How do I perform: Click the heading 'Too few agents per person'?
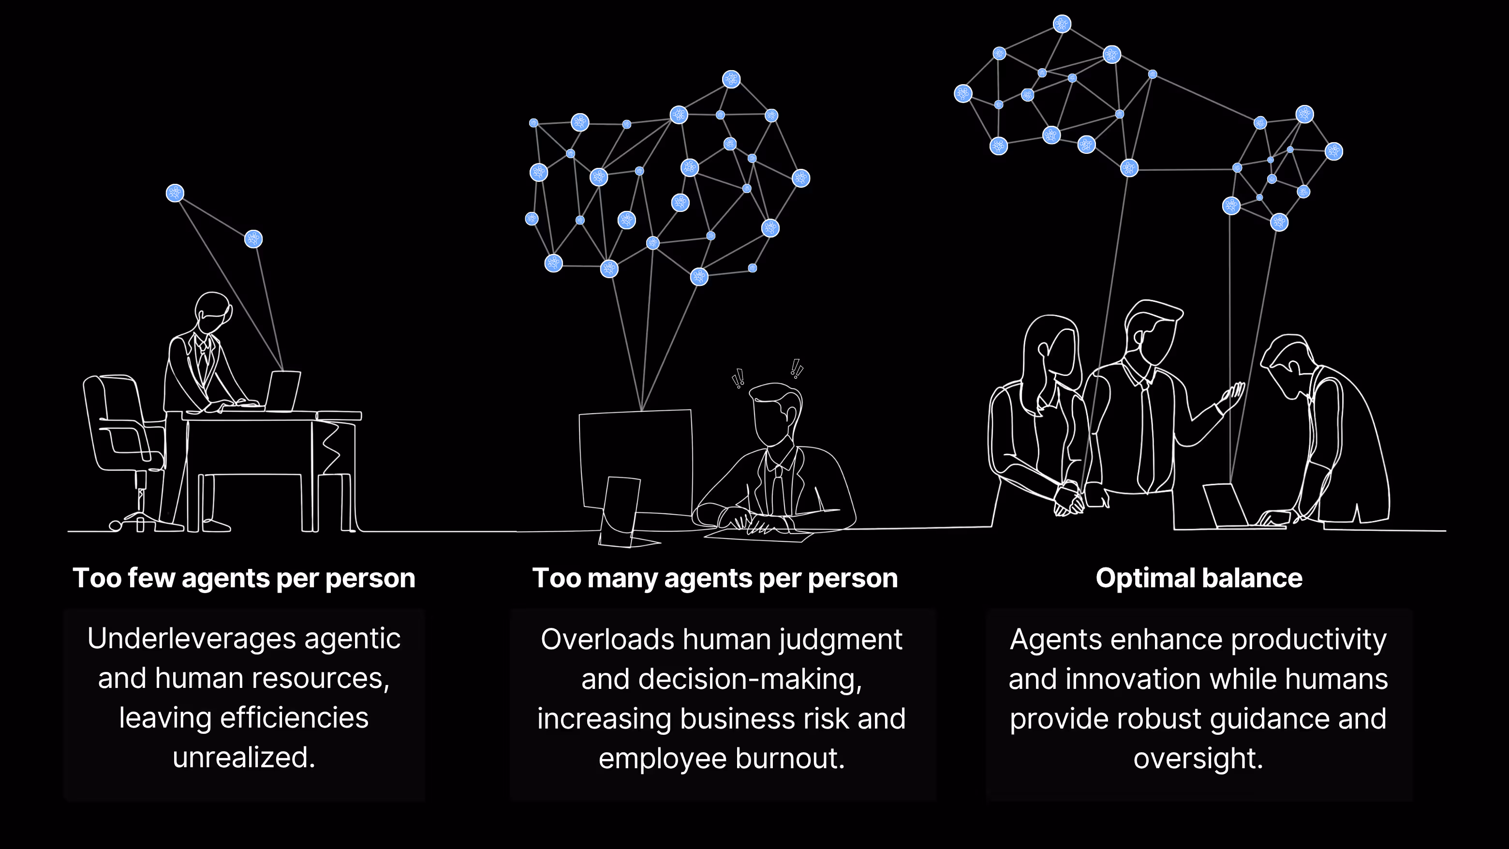[244, 578]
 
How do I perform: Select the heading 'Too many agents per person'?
[715, 578]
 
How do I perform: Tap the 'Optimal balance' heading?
[1198, 578]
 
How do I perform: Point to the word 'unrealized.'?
[244, 757]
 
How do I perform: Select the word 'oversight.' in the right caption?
[1198, 758]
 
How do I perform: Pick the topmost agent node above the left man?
[175, 193]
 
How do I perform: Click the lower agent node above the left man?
[253, 238]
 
